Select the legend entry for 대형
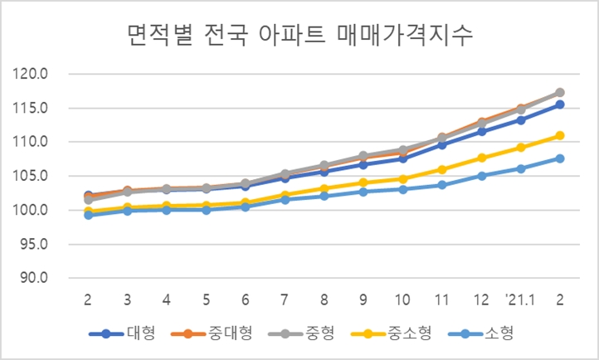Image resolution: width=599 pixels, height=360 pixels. click(x=124, y=334)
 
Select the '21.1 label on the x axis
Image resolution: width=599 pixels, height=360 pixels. click(x=520, y=298)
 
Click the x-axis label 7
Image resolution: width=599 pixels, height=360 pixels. click(x=285, y=298)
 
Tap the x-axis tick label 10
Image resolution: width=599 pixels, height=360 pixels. click(x=402, y=298)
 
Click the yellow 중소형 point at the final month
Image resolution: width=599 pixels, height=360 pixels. click(x=560, y=135)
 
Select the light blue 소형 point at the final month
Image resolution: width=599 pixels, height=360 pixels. click(x=560, y=158)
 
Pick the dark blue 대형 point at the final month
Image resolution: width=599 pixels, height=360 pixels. click(x=560, y=105)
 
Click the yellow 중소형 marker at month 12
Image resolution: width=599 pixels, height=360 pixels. click(x=481, y=158)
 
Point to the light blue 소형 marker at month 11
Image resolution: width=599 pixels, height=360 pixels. click(x=442, y=185)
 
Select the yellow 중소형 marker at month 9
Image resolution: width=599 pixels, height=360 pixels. click(x=363, y=182)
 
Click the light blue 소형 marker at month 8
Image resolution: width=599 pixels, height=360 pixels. click(x=324, y=196)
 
